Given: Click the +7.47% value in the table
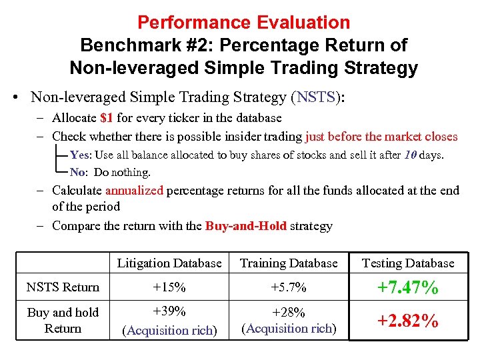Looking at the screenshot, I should pyautogui.click(x=407, y=288).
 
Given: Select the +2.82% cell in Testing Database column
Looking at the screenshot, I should pyautogui.click(x=407, y=321).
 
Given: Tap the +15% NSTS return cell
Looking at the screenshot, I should pyautogui.click(x=169, y=287).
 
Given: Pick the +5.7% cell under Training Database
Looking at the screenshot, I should pyautogui.click(x=289, y=287).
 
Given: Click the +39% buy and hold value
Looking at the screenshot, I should pyautogui.click(x=169, y=312).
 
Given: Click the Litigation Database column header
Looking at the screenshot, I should pyautogui.click(x=169, y=263).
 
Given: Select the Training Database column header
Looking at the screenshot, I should pyautogui.click(x=289, y=263).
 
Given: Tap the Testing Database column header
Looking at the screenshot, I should pyautogui.click(x=407, y=263).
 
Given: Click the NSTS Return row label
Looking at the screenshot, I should pyautogui.click(x=63, y=287).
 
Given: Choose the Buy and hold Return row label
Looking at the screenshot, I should pyautogui.click(x=63, y=320).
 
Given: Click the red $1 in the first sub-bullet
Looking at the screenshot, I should pyautogui.click(x=106, y=118).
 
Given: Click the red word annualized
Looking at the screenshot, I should pyautogui.click(x=134, y=191).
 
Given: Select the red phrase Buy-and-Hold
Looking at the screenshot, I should pyautogui.click(x=245, y=226).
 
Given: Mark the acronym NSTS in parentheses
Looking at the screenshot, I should pyautogui.click(x=317, y=97).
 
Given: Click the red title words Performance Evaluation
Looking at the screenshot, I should pyautogui.click(x=243, y=23).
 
